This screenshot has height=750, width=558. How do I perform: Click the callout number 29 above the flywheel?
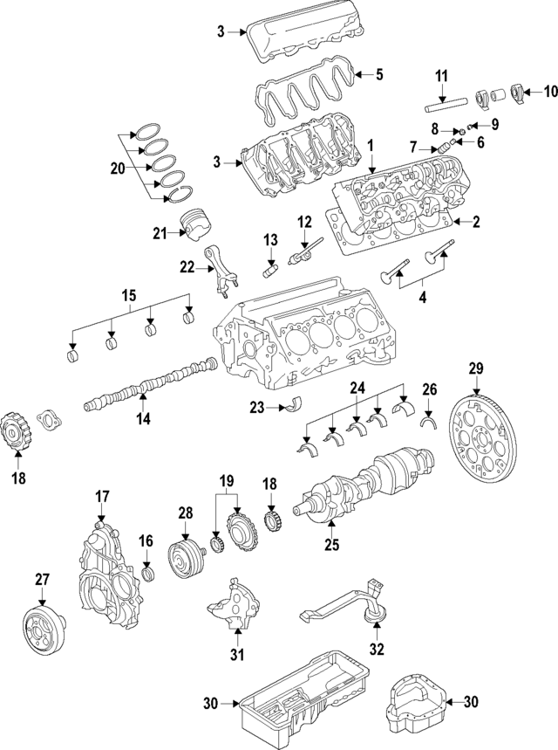tap(475, 368)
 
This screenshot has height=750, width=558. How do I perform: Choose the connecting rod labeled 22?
tap(219, 266)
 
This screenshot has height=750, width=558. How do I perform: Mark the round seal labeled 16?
tap(148, 575)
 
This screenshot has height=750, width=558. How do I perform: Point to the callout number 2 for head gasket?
tap(476, 222)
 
